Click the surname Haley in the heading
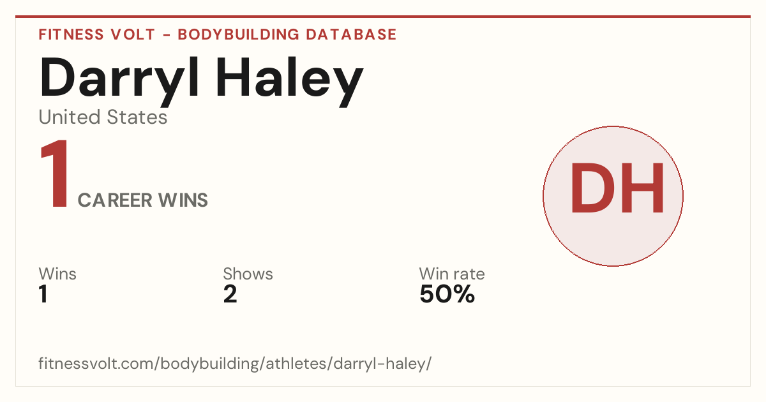tap(289, 82)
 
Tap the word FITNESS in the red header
tap(71, 34)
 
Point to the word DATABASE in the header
tap(351, 34)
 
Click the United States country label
tap(103, 117)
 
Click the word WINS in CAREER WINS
tap(183, 200)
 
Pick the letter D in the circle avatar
tap(592, 188)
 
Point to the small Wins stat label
tap(57, 274)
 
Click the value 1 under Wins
tap(43, 294)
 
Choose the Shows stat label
tap(248, 274)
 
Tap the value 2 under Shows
tap(230, 294)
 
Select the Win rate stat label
tap(452, 274)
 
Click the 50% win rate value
tap(447, 294)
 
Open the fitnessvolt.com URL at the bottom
tap(235, 363)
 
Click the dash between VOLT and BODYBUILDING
tap(167, 35)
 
